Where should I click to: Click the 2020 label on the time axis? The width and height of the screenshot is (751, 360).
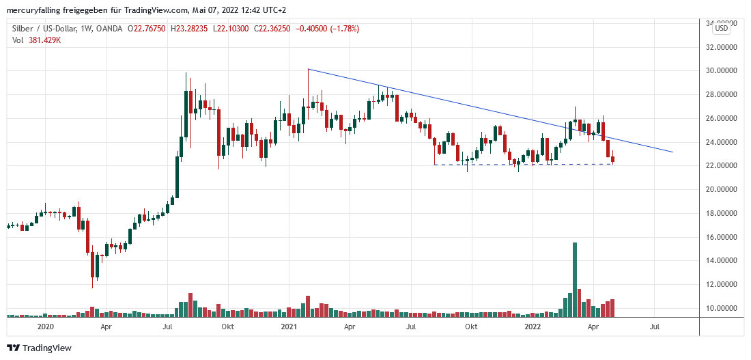pos(45,327)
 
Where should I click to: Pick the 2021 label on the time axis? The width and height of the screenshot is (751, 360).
pos(289,327)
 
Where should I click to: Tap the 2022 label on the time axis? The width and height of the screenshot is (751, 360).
pos(533,327)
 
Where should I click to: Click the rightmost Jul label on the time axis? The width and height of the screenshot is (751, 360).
pos(655,327)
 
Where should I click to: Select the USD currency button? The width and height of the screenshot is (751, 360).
pos(722,28)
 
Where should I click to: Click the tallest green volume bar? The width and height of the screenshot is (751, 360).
pos(575,279)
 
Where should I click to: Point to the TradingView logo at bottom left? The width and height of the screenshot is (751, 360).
pos(39,348)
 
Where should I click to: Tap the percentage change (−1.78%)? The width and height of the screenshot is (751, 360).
pos(342,29)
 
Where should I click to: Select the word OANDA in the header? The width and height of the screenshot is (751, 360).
pos(109,29)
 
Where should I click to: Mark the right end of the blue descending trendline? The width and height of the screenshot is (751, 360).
pos(673,152)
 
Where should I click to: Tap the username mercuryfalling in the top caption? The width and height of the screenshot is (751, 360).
pos(36,10)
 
